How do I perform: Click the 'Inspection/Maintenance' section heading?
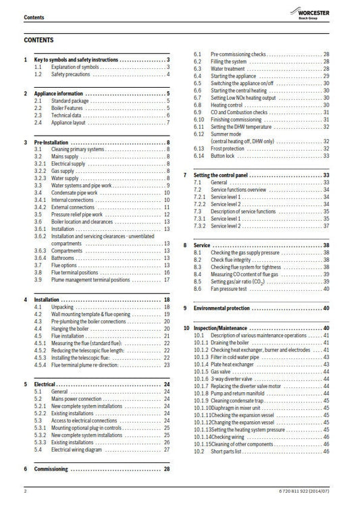223,327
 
